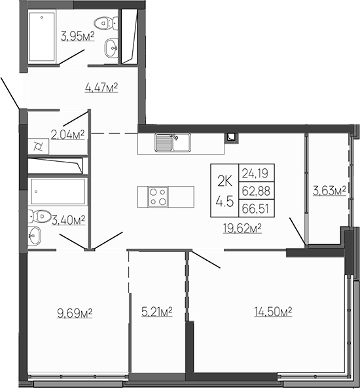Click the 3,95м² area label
click(77, 36)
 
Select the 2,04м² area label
click(70, 136)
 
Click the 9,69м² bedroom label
click(74, 314)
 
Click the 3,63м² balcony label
click(328, 191)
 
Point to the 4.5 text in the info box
click(225, 202)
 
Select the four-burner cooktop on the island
click(158, 196)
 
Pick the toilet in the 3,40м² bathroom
click(41, 215)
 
